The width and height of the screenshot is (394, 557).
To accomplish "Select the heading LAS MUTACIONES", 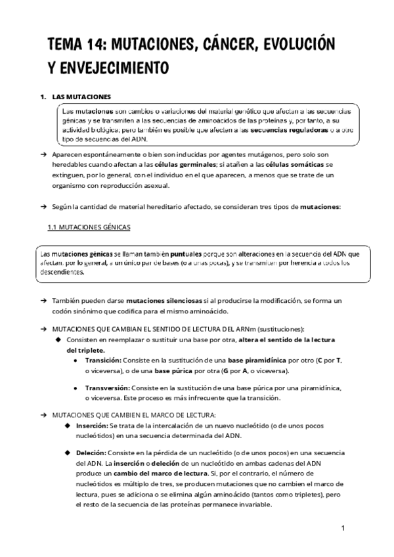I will point(81,97).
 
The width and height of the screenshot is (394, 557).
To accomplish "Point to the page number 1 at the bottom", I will point(343,527).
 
